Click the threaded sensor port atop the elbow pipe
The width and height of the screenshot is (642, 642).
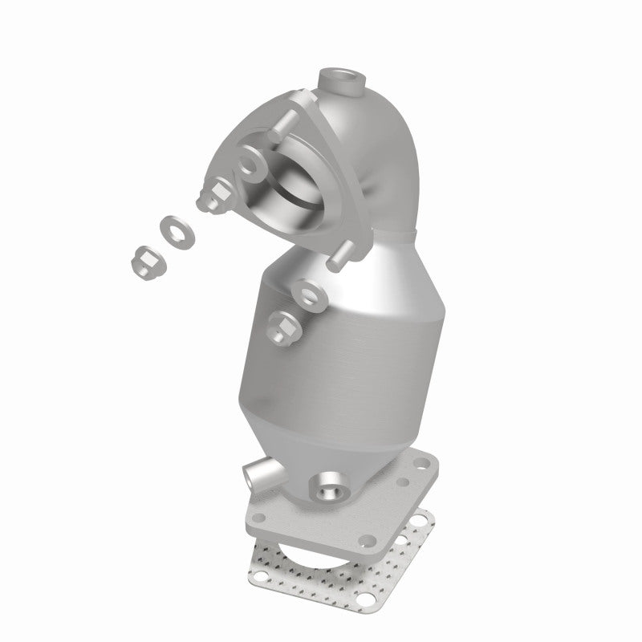340,81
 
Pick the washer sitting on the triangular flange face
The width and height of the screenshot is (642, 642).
250,164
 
